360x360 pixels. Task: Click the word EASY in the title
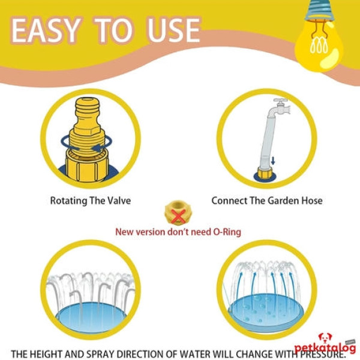pyautogui.click(x=47, y=31)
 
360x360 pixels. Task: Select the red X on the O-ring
pyautogui.click(x=178, y=216)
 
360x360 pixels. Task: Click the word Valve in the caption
pyautogui.click(x=119, y=200)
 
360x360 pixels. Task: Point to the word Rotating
pyautogui.click(x=68, y=201)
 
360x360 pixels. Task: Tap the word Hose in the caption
pyautogui.click(x=312, y=200)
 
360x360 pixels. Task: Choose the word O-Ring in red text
pyautogui.click(x=227, y=232)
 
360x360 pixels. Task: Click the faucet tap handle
pyautogui.click(x=280, y=101)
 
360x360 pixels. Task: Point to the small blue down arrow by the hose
pyautogui.click(x=273, y=161)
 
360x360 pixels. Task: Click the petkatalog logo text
pyautogui.click(x=325, y=348)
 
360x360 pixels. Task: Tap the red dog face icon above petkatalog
pyautogui.click(x=325, y=338)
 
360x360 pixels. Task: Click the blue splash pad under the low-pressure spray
pyautogui.click(x=91, y=317)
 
